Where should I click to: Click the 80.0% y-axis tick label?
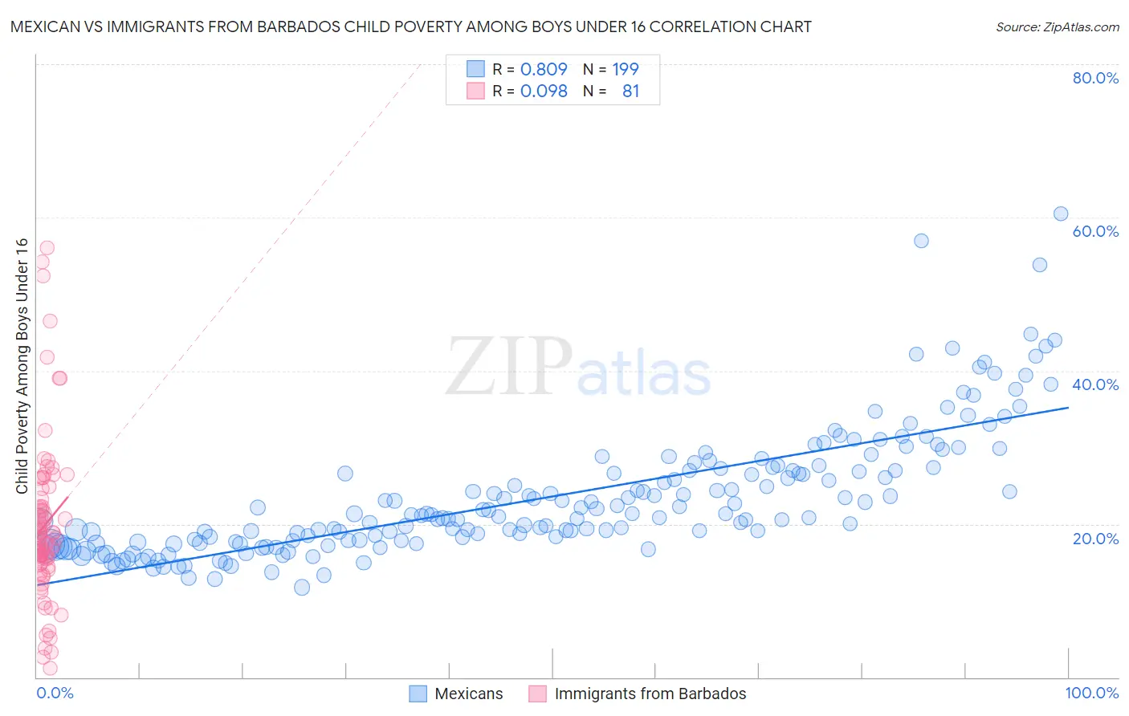tap(1095, 78)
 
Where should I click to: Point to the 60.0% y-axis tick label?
tap(1095, 231)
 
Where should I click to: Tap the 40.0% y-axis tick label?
tap(1095, 384)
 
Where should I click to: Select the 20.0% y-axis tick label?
tap(1095, 538)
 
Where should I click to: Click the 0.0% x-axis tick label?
tap(55, 693)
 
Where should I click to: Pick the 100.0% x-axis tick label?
tap(1091, 693)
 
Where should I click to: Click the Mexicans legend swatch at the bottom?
tap(418, 694)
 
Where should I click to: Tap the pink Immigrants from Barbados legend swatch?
tap(537, 694)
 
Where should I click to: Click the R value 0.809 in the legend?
tap(544, 70)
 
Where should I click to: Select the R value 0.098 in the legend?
tap(544, 92)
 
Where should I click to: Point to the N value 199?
tap(626, 70)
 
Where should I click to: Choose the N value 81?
tap(630, 92)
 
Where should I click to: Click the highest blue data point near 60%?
tap(1061, 214)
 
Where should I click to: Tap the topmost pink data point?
tap(47, 248)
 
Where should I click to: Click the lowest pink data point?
tap(50, 668)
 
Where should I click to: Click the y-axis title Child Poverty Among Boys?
tap(22, 366)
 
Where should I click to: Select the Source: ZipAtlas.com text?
tap(1057, 26)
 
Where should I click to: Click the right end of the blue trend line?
tap(1068, 408)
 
